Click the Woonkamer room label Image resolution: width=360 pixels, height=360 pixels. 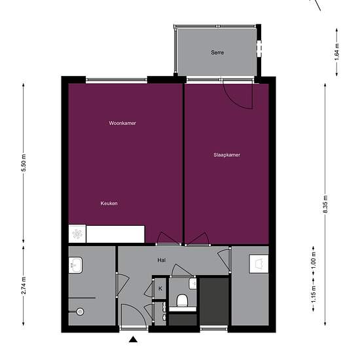tap(122, 123)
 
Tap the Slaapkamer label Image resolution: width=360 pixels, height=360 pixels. tap(227, 155)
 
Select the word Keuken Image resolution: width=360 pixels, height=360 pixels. tap(109, 204)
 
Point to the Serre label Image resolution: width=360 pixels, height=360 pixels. tap(217, 52)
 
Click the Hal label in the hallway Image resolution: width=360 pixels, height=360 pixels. tap(162, 260)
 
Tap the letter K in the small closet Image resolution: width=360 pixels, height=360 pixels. tap(160, 289)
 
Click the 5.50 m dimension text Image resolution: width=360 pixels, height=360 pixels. tap(24, 163)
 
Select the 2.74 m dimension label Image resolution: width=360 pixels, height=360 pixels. tap(24, 285)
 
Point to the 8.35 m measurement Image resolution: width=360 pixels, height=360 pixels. tap(325, 204)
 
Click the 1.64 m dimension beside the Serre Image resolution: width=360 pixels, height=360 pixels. tap(337, 52)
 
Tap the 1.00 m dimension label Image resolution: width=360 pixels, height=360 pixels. tap(314, 261)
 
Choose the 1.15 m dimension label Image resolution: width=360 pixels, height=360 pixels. tap(314, 295)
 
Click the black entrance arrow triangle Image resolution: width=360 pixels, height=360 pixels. tap(133, 339)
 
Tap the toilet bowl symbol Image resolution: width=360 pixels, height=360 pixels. tap(183, 300)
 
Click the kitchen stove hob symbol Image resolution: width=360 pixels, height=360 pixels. tap(77, 234)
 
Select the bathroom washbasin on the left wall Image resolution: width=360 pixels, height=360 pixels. tap(75, 265)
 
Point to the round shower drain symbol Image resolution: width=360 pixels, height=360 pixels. tap(80, 312)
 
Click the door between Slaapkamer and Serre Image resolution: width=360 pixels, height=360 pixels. tap(239, 94)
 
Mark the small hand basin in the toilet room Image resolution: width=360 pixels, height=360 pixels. tap(193, 284)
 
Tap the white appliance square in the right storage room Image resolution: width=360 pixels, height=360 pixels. tap(259, 264)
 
